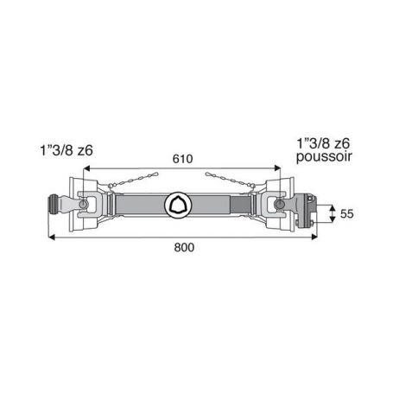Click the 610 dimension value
[x=182, y=159]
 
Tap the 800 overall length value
[x=184, y=247]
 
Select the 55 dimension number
[x=346, y=214]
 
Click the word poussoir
[x=324, y=157]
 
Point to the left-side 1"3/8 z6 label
[x=67, y=150]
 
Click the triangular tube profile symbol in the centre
[x=176, y=205]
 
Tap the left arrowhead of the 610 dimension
[x=86, y=168]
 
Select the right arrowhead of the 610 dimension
[x=277, y=168]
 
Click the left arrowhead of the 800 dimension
[x=52, y=237]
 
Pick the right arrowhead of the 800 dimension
[x=314, y=237]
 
